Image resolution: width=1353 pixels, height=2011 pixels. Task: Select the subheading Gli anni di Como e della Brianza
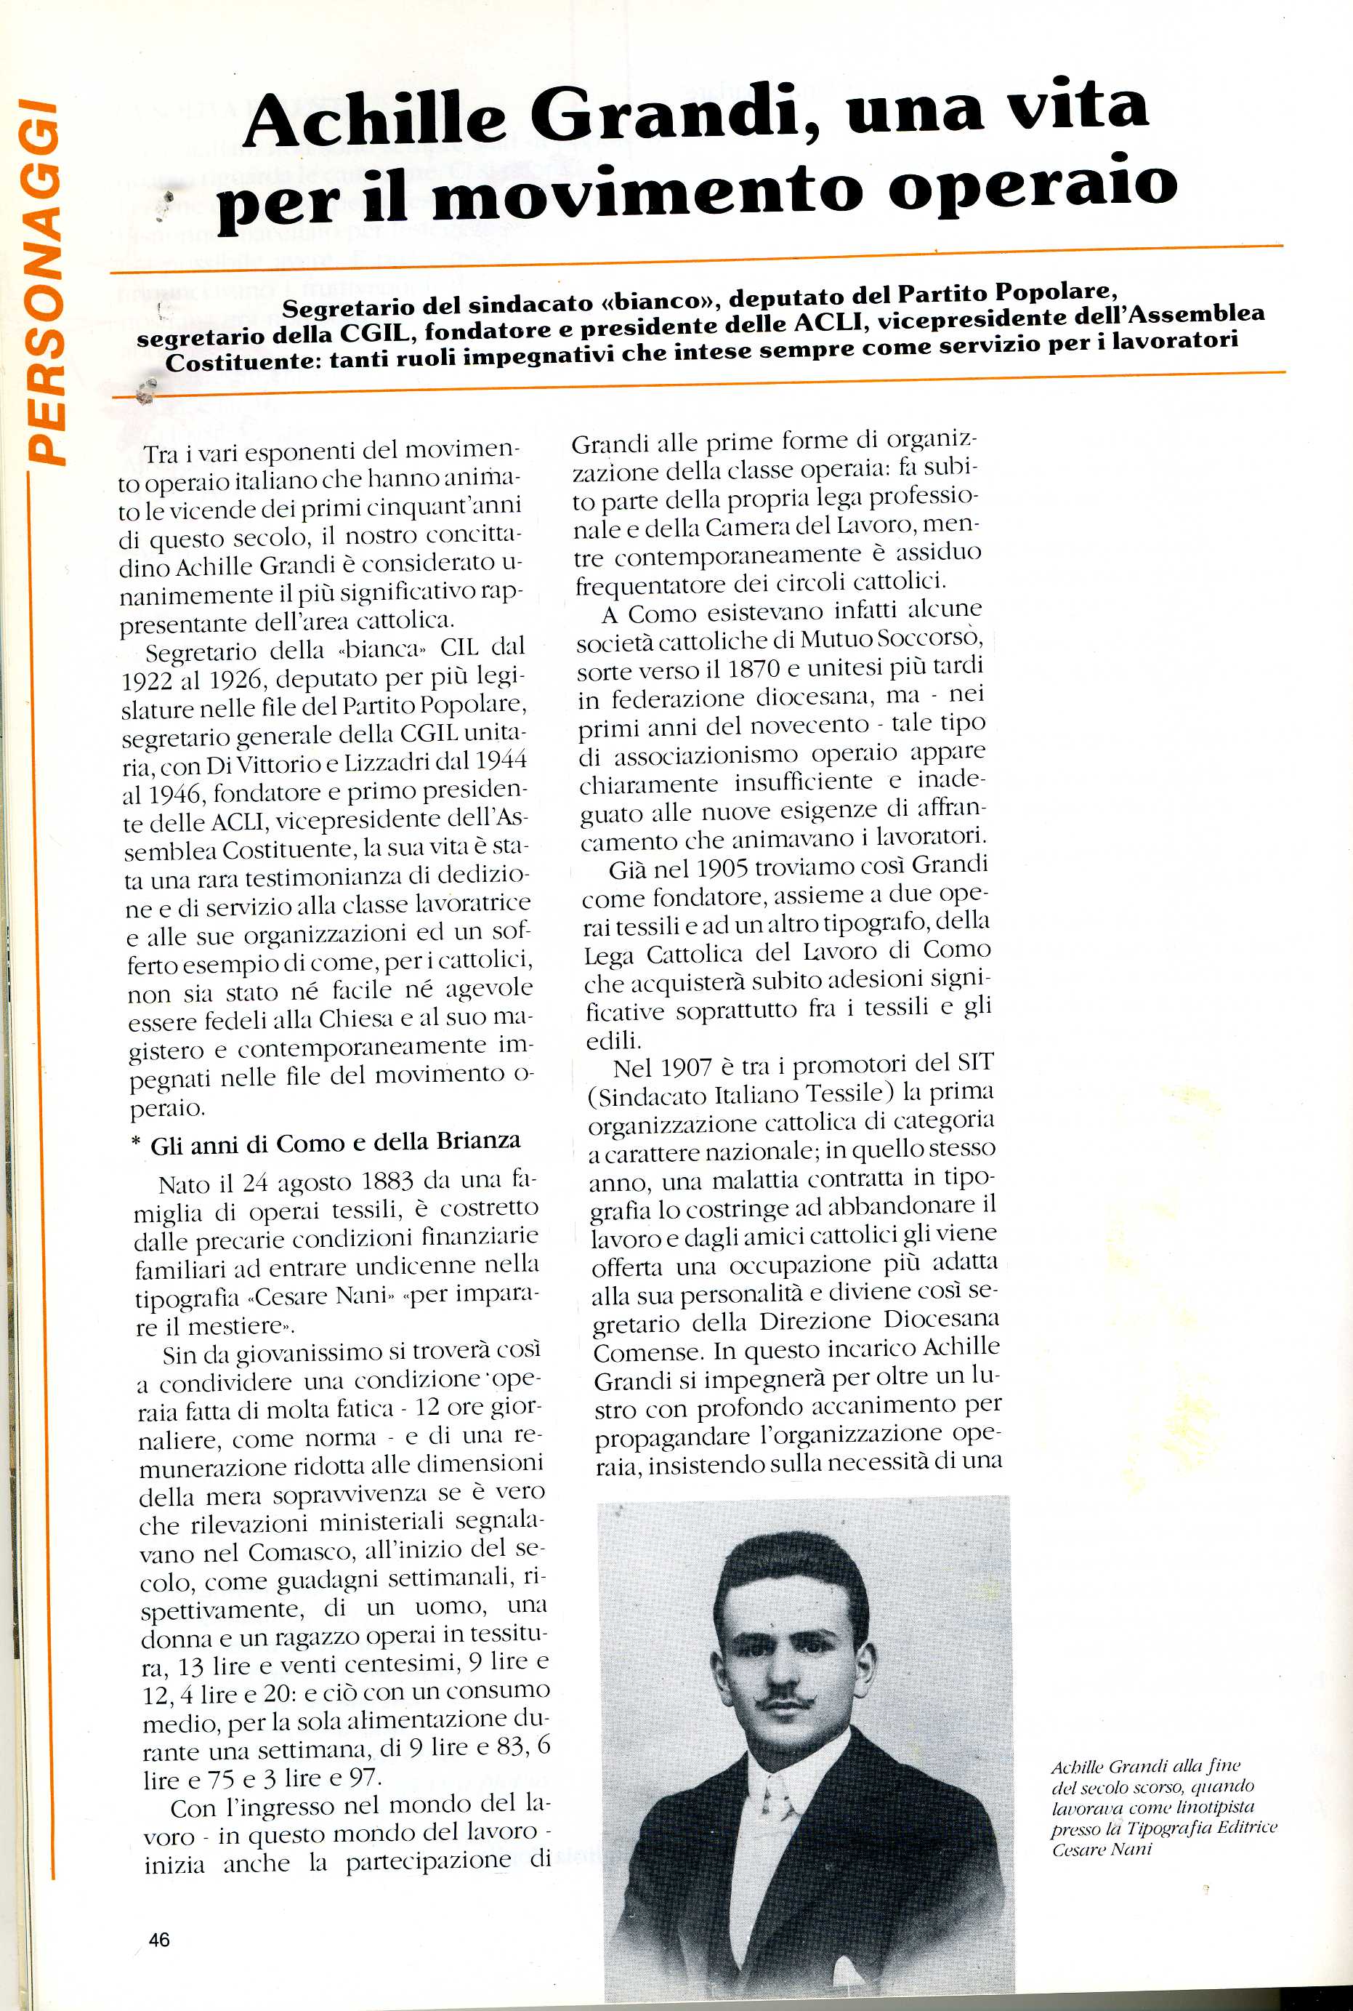[x=336, y=1143]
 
